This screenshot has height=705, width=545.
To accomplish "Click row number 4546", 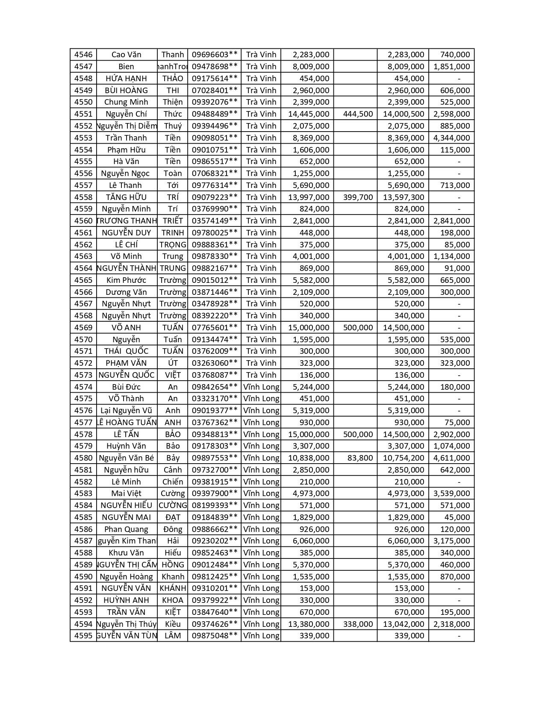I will [x=83, y=55].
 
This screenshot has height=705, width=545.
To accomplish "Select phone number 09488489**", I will [x=214, y=114].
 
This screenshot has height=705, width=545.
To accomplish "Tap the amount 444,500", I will [x=358, y=114].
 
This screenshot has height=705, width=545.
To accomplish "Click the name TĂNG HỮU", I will [x=126, y=197].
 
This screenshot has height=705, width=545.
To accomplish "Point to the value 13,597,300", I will [x=404, y=197].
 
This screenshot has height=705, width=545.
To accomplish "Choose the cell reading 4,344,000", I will [x=451, y=138].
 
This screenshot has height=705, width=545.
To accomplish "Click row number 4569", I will [x=83, y=328].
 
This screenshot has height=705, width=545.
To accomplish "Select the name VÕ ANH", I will [x=126, y=328].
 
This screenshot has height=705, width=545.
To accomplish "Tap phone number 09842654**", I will [x=214, y=387].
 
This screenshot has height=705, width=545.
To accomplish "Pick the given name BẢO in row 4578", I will [x=173, y=434].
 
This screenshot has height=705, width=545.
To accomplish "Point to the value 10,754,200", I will [x=404, y=458].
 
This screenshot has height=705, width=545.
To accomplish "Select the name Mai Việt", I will [x=126, y=493].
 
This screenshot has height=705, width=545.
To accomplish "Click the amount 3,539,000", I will [x=451, y=493].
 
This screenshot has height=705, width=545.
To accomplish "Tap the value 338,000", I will [x=358, y=624].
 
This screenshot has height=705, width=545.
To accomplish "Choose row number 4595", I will [x=83, y=636].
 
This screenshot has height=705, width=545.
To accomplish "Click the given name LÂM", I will [x=173, y=636].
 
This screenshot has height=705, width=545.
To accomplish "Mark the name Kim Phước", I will [x=126, y=280].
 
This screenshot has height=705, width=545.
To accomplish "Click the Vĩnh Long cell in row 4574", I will [x=261, y=387].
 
